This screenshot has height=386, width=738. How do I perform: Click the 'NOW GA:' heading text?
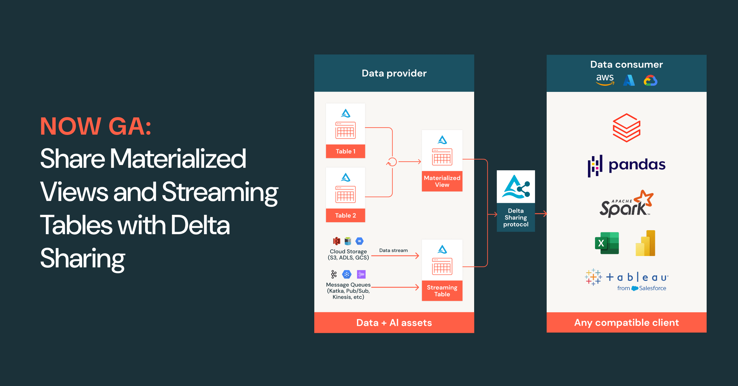tap(96, 126)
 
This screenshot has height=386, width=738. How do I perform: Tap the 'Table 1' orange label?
tap(345, 151)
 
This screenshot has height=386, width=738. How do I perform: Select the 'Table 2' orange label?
tap(345, 215)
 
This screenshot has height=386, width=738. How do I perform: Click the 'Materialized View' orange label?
tap(442, 181)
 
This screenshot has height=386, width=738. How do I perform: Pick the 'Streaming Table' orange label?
tap(442, 291)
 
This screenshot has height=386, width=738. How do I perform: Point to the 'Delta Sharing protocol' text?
tap(516, 218)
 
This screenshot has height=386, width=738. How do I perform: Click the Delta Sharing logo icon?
tap(516, 187)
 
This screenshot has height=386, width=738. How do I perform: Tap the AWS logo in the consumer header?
tap(605, 80)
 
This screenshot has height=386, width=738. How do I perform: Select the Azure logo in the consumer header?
tap(629, 81)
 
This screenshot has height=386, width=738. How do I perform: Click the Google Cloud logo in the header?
tap(650, 81)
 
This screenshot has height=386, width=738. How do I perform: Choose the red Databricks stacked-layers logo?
tap(626, 128)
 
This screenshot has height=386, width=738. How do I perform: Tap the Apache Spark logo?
tap(626, 204)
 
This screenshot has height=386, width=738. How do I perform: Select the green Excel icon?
tap(607, 243)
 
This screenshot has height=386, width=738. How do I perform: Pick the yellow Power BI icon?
tap(645, 243)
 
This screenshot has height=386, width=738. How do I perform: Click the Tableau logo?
tap(626, 280)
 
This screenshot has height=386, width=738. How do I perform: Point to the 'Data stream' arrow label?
tap(393, 250)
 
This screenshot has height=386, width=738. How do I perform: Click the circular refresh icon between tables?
tap(392, 162)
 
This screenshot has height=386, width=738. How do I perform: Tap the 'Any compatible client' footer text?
tap(626, 322)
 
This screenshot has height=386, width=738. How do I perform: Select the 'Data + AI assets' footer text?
tap(394, 323)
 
